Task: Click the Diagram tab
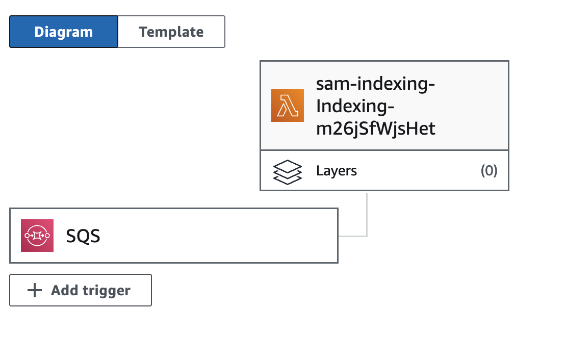pos(64,32)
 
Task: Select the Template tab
pos(171,32)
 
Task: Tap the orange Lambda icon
pos(287,106)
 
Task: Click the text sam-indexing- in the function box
pos(375,84)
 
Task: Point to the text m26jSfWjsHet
pos(376,128)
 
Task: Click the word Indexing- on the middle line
pos(355,106)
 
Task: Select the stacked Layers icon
pos(287,172)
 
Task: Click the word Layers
pos(337,171)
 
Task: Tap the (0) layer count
pos(489,170)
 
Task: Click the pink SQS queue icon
pos(37,236)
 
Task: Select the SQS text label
pos(83,236)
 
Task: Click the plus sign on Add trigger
pos(35,290)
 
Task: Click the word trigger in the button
pos(107,291)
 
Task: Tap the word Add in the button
pos(65,290)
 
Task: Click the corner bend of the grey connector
pos(367,236)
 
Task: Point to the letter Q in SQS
pos(83,237)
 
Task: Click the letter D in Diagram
pos(39,32)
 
